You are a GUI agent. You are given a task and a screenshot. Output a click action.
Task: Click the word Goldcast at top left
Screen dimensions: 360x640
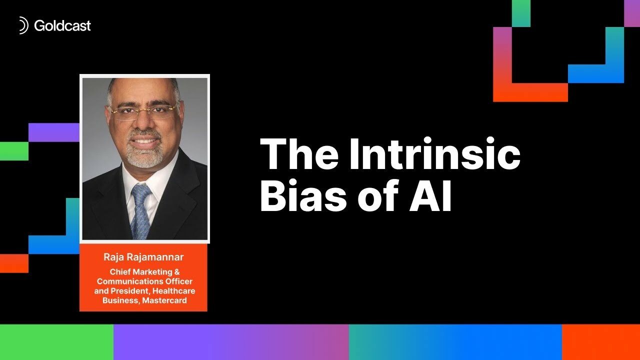pyautogui.click(x=62, y=25)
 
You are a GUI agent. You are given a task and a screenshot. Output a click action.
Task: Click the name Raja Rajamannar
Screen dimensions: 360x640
pyautogui.click(x=143, y=257)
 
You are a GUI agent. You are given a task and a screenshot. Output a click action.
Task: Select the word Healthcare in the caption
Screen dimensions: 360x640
pyautogui.click(x=174, y=290)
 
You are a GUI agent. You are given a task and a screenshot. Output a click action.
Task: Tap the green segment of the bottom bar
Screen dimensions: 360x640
pyautogui.click(x=56, y=342)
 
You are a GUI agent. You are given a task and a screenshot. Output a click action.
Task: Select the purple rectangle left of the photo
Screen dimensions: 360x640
pyautogui.click(x=54, y=132)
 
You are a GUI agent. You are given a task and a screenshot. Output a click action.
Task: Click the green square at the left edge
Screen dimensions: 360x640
pyautogui.click(x=14, y=151)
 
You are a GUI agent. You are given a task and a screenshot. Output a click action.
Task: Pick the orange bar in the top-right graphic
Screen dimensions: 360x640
pyautogui.click(x=530, y=92)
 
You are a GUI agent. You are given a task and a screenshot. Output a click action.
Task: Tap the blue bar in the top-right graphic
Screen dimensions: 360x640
pyautogui.click(x=595, y=73)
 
